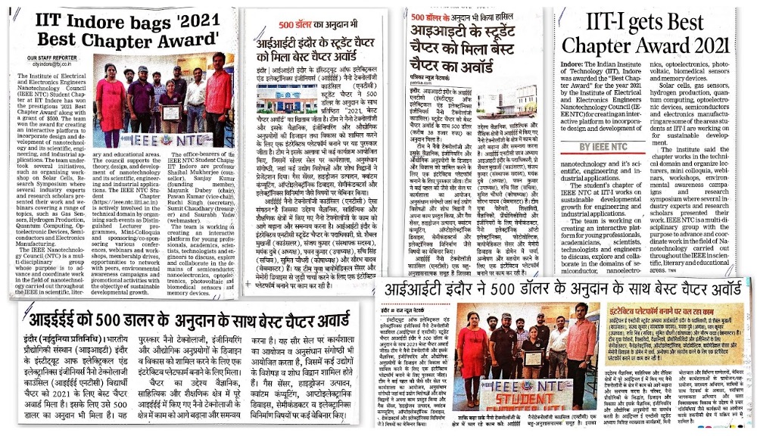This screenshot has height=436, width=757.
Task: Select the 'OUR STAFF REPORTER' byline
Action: click(x=51, y=58)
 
